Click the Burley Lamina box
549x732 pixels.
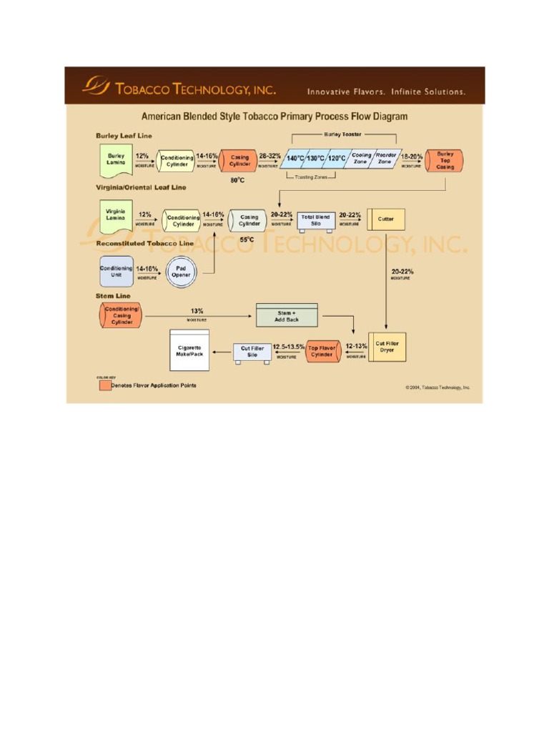point(116,159)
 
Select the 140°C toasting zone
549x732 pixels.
point(295,159)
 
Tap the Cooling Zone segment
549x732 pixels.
point(360,159)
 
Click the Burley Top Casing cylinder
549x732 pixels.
point(444,159)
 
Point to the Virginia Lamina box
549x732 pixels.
point(116,216)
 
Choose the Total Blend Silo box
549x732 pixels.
point(315,219)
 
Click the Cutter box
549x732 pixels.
point(386,219)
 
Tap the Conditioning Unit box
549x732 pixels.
point(116,272)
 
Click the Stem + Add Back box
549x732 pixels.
point(287,315)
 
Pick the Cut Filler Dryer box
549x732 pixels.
point(387,347)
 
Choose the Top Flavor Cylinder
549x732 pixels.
point(322,351)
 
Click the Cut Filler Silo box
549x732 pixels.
point(252,352)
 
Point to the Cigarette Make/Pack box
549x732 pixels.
point(189,351)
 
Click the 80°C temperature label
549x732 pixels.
point(238,181)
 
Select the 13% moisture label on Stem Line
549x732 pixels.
point(197,312)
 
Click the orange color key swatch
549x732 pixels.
point(104,386)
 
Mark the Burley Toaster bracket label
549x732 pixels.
point(343,134)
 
